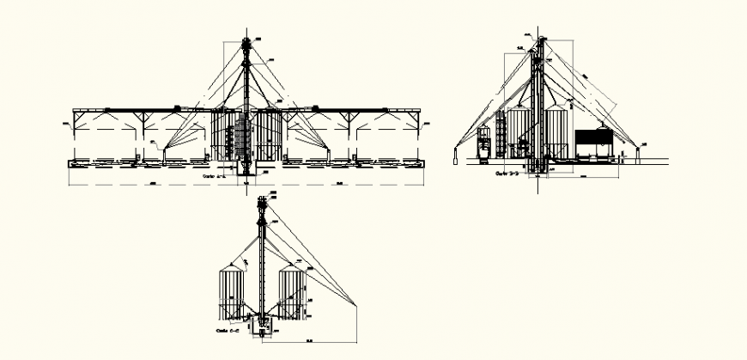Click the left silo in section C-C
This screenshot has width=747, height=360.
click(x=230, y=293)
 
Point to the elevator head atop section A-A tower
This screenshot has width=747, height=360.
click(x=247, y=43)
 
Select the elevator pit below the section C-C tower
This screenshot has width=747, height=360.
click(x=261, y=329)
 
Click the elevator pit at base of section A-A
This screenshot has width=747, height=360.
click(x=247, y=169)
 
